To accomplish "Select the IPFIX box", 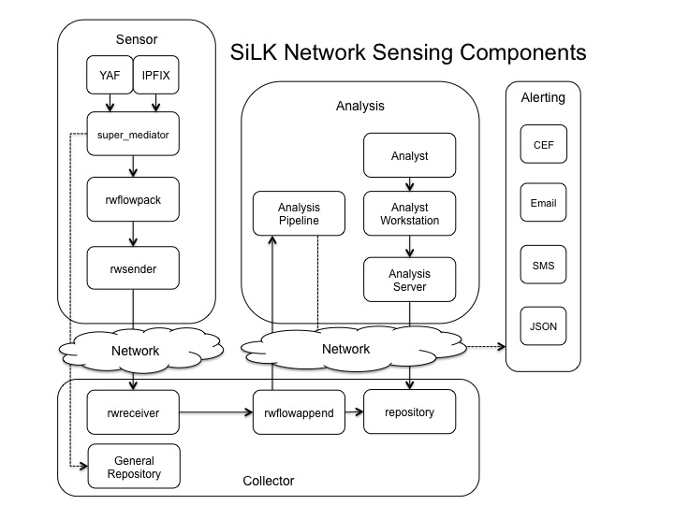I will (x=155, y=80).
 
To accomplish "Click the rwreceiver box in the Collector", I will (x=133, y=411).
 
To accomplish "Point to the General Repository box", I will (x=133, y=467).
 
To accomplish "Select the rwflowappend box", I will (x=298, y=411).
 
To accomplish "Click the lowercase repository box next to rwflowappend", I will (x=409, y=411).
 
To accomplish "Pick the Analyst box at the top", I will (x=409, y=156).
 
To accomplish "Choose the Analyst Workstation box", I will (x=409, y=214).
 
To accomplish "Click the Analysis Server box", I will (x=409, y=280).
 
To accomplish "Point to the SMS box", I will (x=543, y=266).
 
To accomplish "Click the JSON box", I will (x=543, y=326).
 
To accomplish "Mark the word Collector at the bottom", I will (x=269, y=481).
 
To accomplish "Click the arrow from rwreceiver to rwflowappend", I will (x=215, y=411).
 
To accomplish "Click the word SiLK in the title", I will (x=256, y=52).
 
